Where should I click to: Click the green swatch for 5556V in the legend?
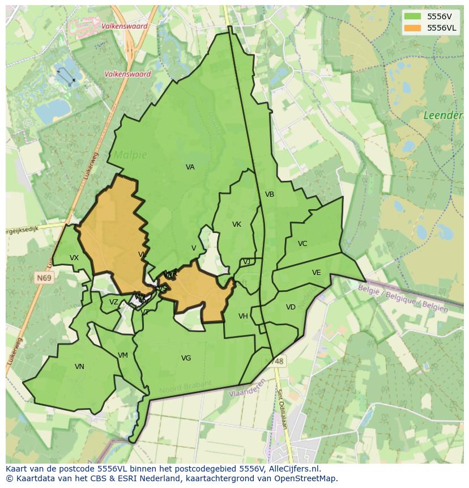point(413,16)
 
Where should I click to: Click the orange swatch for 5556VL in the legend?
point(413,28)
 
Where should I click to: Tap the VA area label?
point(190,167)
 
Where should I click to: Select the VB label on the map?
point(270,194)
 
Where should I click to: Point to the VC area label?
point(302,244)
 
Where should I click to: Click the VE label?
point(316,273)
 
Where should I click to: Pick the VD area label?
point(291,307)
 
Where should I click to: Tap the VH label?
point(243,316)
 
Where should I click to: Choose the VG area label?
point(186,358)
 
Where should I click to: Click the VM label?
point(123,355)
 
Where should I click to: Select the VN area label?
point(79,367)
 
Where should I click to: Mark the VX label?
point(74,258)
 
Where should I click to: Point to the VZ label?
point(114,302)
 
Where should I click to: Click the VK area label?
point(237,224)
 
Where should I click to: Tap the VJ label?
point(246,262)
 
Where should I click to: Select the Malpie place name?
point(130,155)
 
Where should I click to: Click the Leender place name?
point(443,116)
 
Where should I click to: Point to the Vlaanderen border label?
point(248,389)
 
